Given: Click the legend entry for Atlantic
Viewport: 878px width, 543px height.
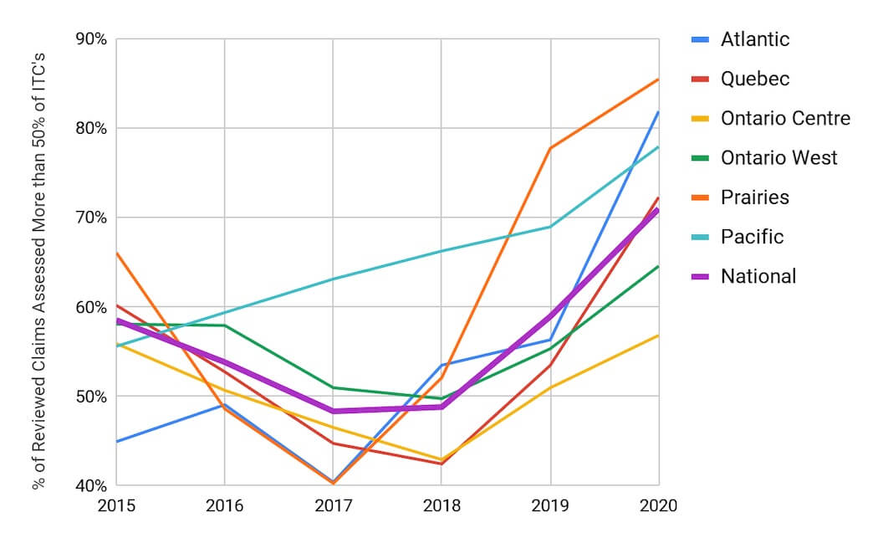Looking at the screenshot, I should [x=754, y=39].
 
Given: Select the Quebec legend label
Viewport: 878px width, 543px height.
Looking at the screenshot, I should [x=754, y=79].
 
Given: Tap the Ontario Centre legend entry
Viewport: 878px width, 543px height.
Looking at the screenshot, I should [x=785, y=118].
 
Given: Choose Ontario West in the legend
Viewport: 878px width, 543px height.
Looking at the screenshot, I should [x=778, y=157].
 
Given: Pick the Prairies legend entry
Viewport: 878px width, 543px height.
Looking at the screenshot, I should [x=754, y=197].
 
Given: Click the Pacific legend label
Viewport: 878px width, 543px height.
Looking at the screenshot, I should [x=752, y=237].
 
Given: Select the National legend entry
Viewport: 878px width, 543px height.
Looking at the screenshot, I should [x=758, y=276].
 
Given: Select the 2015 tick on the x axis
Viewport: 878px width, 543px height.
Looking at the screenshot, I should [x=116, y=505].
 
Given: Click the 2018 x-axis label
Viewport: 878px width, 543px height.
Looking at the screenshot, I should [x=442, y=505].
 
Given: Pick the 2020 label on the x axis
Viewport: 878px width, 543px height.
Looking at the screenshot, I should [x=658, y=505].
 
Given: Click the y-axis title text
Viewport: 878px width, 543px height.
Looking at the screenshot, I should [x=39, y=261].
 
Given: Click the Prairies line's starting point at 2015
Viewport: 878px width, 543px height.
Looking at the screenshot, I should [x=116, y=253].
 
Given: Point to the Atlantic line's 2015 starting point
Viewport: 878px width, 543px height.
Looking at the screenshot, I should [x=116, y=441].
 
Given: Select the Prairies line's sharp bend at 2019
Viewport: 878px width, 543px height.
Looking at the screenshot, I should [x=550, y=148].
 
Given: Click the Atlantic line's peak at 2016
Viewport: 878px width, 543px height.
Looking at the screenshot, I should [x=225, y=405].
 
